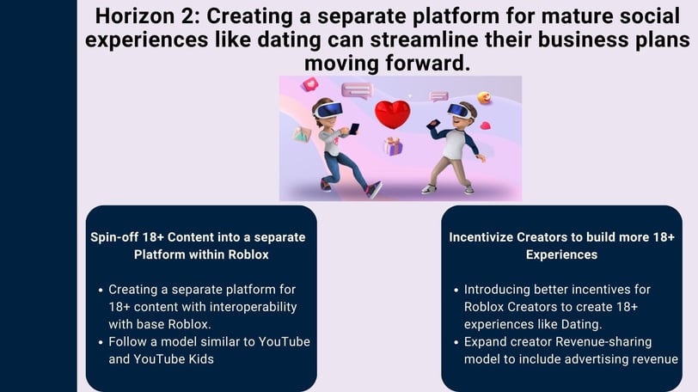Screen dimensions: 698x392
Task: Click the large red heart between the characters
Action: coord(392,114)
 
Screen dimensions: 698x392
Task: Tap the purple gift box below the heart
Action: coord(393,146)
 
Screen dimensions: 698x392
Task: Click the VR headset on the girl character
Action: coord(328,110)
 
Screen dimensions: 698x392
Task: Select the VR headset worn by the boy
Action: coord(460,111)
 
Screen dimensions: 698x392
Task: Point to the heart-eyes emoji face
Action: coord(484,97)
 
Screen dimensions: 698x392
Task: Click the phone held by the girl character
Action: coord(354,129)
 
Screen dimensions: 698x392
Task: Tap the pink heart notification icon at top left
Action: coord(310,83)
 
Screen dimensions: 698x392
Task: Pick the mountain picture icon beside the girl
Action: coord(302,134)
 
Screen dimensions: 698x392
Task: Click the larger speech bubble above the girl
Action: coord(357,91)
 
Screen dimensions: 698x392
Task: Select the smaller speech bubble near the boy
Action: coord(439,96)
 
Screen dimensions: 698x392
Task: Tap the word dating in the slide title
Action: coord(289,40)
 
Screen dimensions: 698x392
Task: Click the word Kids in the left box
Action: coord(200,359)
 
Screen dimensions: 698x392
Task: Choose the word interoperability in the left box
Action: coord(253,307)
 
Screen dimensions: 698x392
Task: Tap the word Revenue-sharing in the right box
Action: coord(603,342)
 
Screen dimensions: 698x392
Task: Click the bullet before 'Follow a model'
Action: coord(101,342)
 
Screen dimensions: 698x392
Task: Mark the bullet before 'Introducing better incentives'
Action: coord(456,290)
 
